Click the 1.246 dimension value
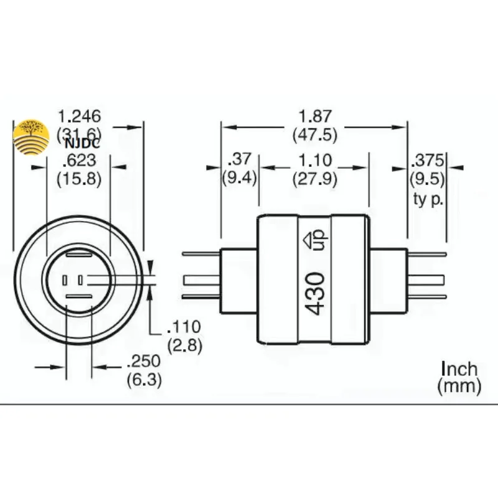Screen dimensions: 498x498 80,116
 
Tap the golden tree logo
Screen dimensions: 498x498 31,137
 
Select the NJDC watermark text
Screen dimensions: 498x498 82,144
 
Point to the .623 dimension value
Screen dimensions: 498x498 79,161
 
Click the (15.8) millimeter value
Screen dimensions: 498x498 79,179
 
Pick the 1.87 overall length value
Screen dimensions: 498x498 315,116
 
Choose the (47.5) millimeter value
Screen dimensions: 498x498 315,134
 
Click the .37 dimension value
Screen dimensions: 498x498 240,159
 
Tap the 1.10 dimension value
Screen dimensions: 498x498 315,161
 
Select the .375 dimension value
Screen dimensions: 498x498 427,161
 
